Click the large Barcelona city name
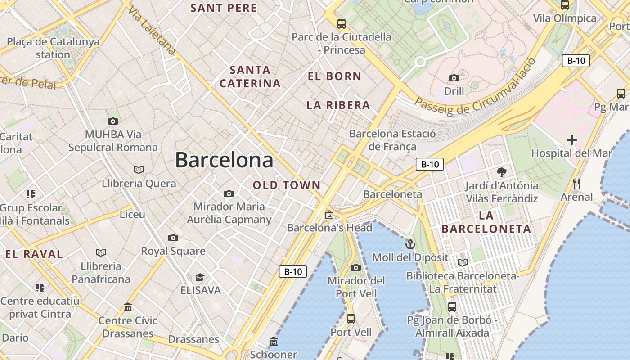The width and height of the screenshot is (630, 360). (224, 160)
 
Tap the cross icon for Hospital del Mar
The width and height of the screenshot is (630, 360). (572, 140)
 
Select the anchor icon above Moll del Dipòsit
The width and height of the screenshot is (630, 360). (410, 244)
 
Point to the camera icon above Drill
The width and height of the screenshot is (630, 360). (454, 78)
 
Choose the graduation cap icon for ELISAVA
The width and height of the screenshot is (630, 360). (200, 277)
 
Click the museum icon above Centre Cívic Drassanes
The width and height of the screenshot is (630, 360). (128, 307)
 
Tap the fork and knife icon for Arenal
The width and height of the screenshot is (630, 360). (576, 184)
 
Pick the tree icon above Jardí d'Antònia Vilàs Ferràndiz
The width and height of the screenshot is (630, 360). (502, 172)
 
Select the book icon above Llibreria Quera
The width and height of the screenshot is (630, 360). (139, 170)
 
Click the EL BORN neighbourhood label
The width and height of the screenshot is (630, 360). (334, 76)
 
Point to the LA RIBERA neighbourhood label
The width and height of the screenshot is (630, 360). (338, 105)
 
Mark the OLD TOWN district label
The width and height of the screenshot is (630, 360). (287, 185)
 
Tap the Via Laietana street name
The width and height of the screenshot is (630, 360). (152, 31)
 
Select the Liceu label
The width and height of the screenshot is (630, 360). (132, 214)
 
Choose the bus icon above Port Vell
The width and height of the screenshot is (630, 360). (351, 319)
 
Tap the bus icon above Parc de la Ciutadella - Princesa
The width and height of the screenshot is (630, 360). (342, 23)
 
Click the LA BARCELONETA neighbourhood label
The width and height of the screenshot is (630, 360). (486, 222)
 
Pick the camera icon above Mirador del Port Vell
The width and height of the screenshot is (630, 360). (356, 267)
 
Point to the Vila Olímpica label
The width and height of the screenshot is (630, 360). (565, 18)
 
